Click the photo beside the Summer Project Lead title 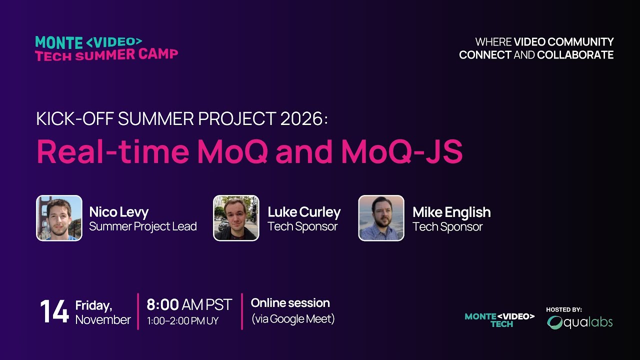pyautogui.click(x=59, y=218)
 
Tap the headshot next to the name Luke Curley pyautogui.click(x=236, y=218)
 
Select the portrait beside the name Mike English pyautogui.click(x=381, y=218)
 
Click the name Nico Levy pyautogui.click(x=118, y=212)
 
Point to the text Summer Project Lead pyautogui.click(x=142, y=226)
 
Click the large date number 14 pyautogui.click(x=54, y=311)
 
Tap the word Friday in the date pyautogui.click(x=93, y=305)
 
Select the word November pyautogui.click(x=102, y=319)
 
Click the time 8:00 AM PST pyautogui.click(x=189, y=304)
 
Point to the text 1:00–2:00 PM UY pyautogui.click(x=182, y=321)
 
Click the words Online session pyautogui.click(x=290, y=303)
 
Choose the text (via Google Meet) pyautogui.click(x=292, y=318)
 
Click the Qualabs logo pyautogui.click(x=580, y=322)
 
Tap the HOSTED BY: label pyautogui.click(x=564, y=309)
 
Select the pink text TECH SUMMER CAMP pyautogui.click(x=106, y=55)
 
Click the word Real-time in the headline pyautogui.click(x=113, y=152)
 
